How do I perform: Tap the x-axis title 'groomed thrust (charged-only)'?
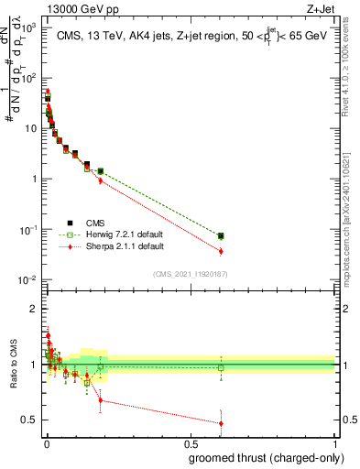(x=261, y=457)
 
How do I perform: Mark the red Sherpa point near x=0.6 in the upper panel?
(x=221, y=251)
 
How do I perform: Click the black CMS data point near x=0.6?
(x=221, y=235)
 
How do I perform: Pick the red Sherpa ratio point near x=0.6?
(x=221, y=423)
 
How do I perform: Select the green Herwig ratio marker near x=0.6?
(x=221, y=368)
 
